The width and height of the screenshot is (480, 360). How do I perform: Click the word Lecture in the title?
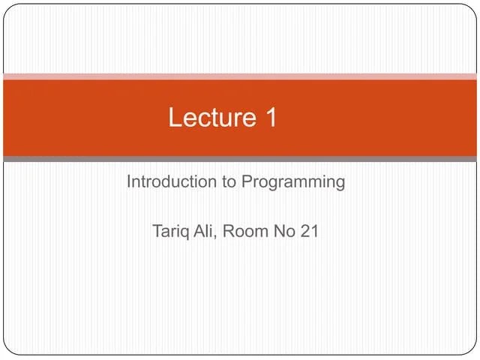click(212, 117)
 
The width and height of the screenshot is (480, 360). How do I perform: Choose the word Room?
click(243, 231)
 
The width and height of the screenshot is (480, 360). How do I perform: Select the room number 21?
click(310, 231)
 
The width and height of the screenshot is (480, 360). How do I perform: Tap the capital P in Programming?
click(247, 182)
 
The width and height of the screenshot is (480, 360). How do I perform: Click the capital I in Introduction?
click(128, 182)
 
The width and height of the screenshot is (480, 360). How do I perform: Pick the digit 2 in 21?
click(305, 231)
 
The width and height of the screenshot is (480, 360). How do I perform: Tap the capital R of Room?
click(227, 231)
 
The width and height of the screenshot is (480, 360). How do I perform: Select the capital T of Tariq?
click(157, 231)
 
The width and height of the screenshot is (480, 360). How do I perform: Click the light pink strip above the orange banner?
click(240, 76)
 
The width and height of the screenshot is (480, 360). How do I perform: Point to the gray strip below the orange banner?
click(240, 159)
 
